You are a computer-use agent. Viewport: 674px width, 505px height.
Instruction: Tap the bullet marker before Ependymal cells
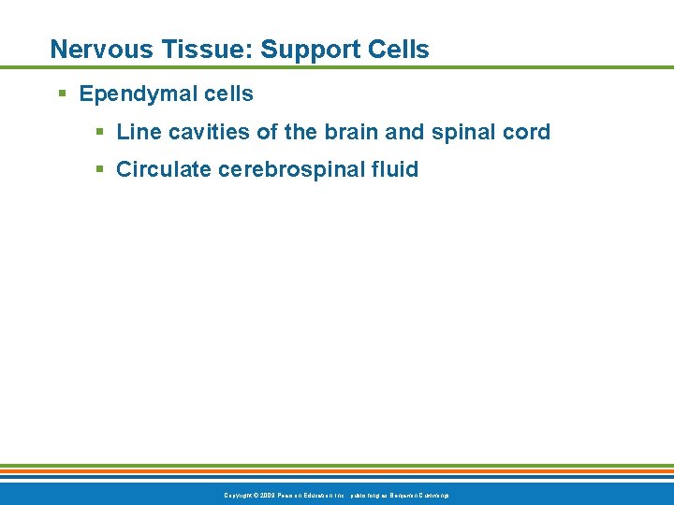click(62, 94)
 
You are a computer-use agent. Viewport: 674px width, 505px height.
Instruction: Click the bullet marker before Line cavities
click(100, 133)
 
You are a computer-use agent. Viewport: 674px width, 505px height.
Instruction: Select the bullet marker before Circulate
click(100, 170)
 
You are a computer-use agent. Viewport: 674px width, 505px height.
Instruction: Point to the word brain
click(351, 133)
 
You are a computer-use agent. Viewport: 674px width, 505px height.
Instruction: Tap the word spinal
click(464, 133)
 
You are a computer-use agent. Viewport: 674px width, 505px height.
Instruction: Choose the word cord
click(527, 133)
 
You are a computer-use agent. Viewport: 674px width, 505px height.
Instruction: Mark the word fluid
click(395, 170)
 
